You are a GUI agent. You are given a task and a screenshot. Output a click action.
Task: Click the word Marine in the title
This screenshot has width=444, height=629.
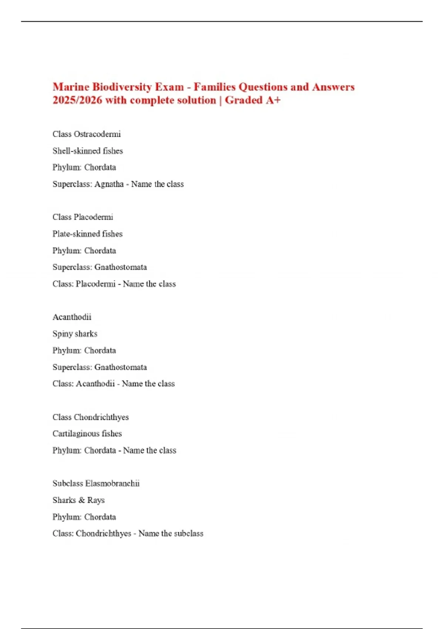71,87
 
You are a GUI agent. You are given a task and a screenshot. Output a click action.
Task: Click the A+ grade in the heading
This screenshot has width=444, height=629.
273,100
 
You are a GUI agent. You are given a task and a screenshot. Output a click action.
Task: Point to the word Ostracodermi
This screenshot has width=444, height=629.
97,134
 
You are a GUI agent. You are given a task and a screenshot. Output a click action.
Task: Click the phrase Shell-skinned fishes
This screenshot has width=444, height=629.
88,151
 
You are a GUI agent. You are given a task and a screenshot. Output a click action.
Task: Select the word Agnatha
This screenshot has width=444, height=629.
109,184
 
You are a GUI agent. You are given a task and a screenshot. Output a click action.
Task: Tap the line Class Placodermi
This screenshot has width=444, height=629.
83,217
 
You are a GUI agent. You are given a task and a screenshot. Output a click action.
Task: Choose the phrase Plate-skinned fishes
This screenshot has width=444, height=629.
87,234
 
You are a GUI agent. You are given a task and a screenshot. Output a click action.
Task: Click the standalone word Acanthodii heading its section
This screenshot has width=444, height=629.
72,317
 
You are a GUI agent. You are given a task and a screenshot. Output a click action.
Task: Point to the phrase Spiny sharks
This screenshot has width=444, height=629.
75,334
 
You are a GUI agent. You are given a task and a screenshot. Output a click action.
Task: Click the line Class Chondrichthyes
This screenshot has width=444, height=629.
91,417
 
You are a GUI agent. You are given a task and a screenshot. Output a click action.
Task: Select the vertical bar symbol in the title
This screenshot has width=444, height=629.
221,100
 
